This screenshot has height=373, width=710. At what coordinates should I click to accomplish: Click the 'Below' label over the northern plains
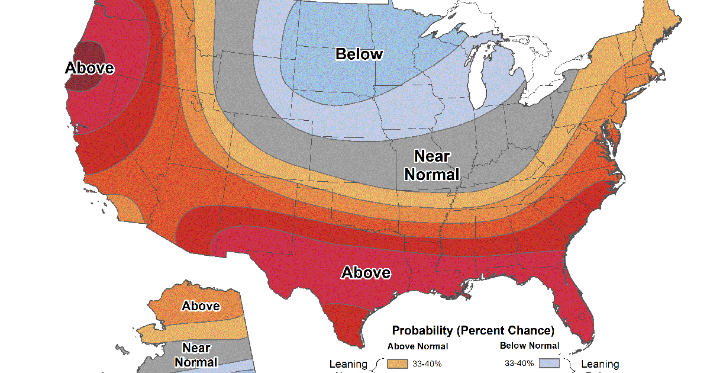(x=359, y=54)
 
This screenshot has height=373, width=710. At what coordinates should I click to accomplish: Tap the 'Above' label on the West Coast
(x=89, y=67)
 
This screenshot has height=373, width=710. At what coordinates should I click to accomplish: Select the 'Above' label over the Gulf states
(x=366, y=272)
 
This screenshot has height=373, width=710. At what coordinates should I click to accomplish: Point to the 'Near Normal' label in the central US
(x=432, y=165)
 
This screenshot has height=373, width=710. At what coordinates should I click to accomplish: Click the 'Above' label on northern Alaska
(x=201, y=306)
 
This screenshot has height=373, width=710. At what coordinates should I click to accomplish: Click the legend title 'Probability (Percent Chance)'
(x=473, y=330)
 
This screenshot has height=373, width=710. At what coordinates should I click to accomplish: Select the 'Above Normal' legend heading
(x=417, y=346)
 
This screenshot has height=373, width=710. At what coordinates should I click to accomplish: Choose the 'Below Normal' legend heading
(x=530, y=346)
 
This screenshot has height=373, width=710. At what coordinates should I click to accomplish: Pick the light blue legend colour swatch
(x=550, y=364)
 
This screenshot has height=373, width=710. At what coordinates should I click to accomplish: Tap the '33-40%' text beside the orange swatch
(x=427, y=364)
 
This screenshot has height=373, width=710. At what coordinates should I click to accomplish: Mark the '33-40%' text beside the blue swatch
(x=519, y=364)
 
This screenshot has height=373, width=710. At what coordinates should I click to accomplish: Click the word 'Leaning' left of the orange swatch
(x=348, y=364)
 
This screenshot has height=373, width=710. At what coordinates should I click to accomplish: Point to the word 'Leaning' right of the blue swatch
(x=600, y=364)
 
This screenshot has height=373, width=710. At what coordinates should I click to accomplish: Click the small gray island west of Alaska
(x=121, y=349)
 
